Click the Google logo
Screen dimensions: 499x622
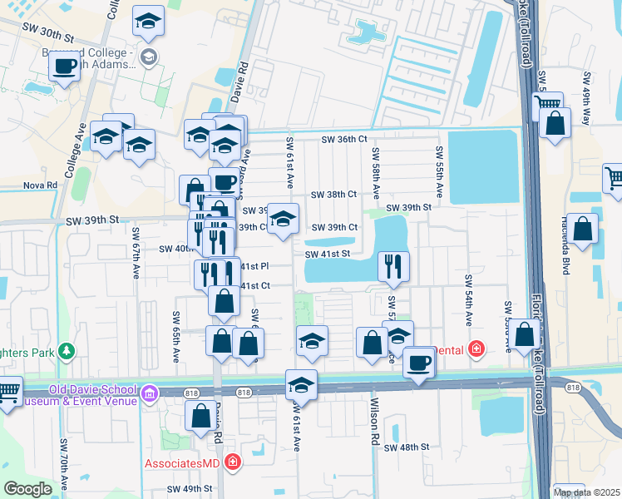pos(27,489)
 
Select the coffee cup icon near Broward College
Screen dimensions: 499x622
pos(64,66)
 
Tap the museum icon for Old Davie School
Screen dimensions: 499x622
pos(150,392)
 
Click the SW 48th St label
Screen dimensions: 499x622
pos(406,447)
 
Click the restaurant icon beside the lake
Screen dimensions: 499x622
pos(392,265)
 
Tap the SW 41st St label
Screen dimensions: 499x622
pos(328,254)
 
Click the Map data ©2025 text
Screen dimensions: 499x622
pos(586,492)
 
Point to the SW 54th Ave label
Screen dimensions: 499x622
pos(469,300)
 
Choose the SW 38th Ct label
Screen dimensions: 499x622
pos(333,195)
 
